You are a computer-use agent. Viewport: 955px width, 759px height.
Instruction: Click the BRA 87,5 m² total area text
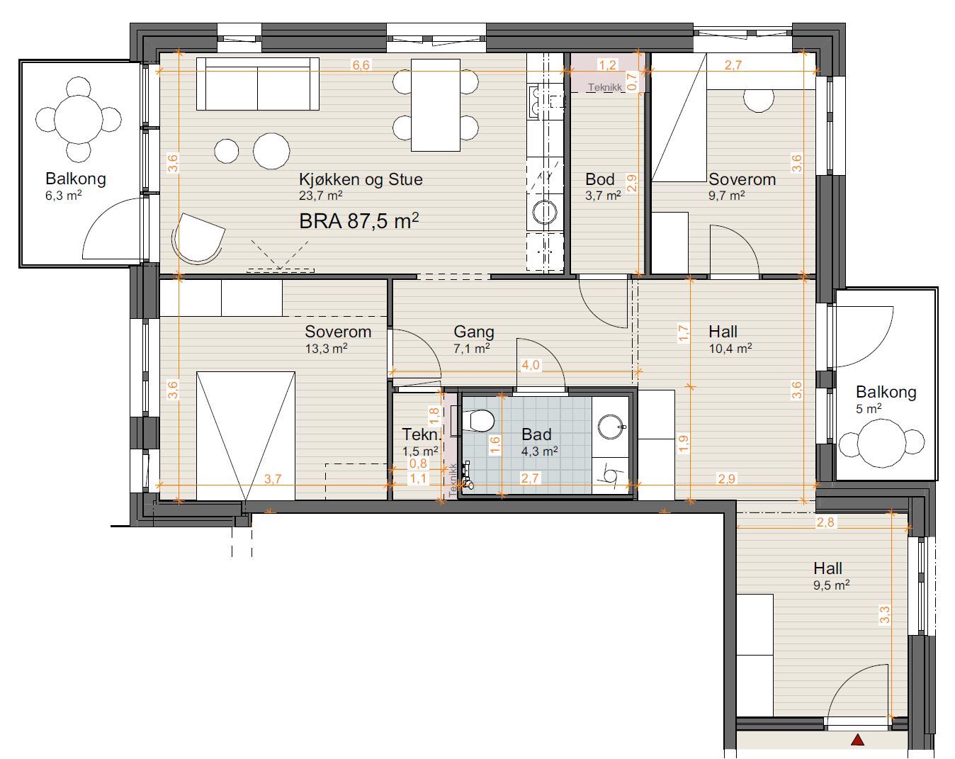(358, 220)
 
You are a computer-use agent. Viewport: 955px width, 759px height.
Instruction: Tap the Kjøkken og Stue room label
(361, 179)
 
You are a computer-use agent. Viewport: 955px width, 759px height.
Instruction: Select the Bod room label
(599, 179)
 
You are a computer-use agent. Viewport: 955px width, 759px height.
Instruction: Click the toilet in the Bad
(478, 420)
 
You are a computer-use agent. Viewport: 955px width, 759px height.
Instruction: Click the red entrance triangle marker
(858, 739)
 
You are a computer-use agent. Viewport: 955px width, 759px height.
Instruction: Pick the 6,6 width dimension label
(361, 65)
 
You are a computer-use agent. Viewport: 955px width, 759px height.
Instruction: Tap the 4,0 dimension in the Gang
(531, 365)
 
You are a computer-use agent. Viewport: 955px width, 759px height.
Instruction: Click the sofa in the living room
(257, 84)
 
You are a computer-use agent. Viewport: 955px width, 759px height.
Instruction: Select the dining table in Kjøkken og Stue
(435, 105)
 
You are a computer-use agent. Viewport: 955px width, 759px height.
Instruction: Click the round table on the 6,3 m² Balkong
(78, 119)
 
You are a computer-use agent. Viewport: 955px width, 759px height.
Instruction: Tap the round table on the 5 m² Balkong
(881, 443)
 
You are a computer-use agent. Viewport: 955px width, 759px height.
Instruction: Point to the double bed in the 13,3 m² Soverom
(246, 436)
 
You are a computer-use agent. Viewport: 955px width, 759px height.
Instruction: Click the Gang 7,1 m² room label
(473, 339)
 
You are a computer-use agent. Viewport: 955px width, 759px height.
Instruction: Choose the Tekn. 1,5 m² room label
(421, 442)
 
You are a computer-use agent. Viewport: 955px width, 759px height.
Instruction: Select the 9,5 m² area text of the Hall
(831, 585)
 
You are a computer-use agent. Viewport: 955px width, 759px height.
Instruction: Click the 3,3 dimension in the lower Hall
(884, 614)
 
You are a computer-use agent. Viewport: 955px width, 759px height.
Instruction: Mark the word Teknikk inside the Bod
(605, 87)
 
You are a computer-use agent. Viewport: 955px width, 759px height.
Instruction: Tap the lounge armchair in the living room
(198, 238)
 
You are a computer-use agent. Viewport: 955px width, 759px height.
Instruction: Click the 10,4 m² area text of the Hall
(730, 349)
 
